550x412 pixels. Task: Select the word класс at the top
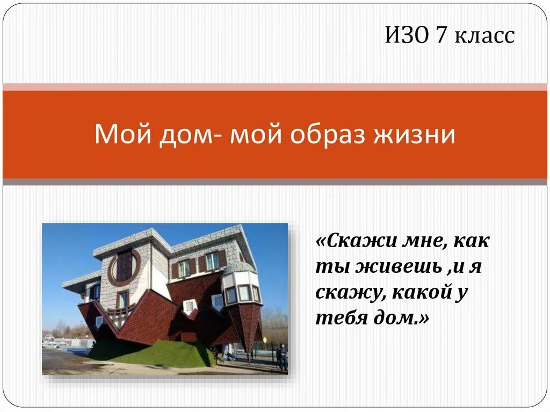point(485,36)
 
